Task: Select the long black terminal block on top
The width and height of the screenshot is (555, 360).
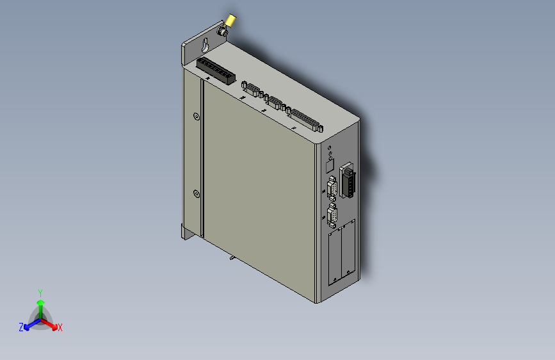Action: point(214,69)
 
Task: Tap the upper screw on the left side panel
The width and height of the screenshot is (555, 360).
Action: point(196,116)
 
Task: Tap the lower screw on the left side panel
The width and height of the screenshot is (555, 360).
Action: point(196,193)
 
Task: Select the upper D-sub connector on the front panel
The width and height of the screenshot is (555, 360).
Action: point(332,190)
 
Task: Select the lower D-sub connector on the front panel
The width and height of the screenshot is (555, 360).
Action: point(332,216)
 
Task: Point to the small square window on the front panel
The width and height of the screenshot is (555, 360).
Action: point(330,167)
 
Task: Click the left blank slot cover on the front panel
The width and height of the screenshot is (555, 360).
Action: point(334,258)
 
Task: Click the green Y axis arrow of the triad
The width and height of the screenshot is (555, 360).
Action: point(40,303)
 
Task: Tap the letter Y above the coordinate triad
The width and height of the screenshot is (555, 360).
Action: point(40,292)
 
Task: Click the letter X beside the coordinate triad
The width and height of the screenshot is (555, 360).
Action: point(60,328)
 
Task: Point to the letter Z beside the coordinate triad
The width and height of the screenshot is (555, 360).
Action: point(21,327)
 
